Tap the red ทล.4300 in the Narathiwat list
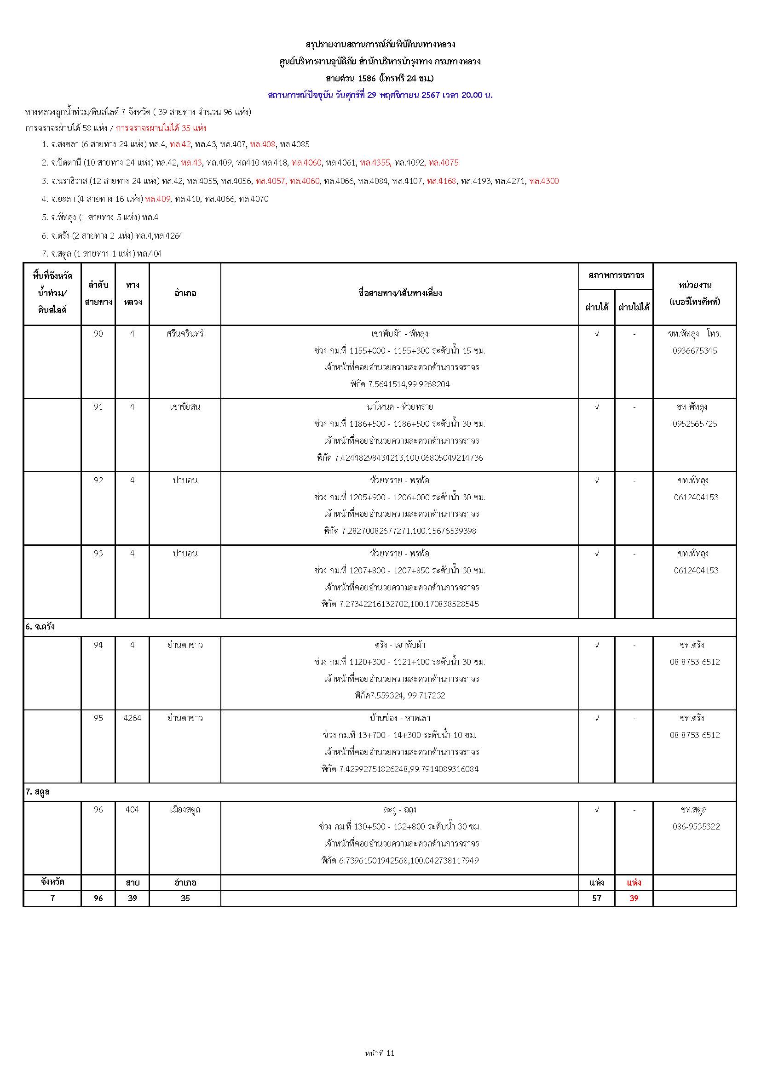(543, 181)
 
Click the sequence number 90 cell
(98, 334)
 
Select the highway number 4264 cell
(132, 718)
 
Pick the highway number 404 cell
(132, 810)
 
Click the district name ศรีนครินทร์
(185, 334)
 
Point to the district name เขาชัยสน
(185, 407)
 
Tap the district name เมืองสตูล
(185, 810)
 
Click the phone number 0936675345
(694, 351)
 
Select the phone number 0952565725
(694, 424)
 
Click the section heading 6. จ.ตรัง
(40, 626)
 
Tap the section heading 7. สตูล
(37, 792)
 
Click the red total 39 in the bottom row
(634, 898)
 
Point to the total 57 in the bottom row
(597, 898)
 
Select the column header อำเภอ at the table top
(185, 293)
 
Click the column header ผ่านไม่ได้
(634, 308)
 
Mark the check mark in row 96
(597, 810)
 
